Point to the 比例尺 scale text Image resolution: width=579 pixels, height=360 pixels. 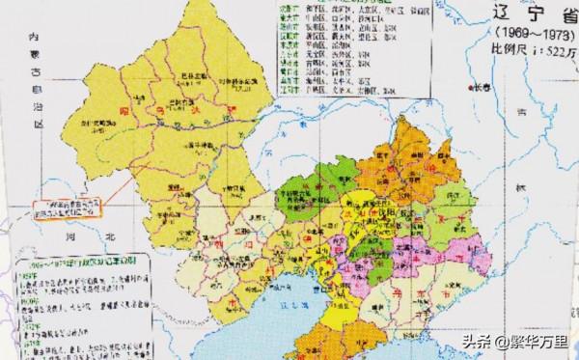(526, 52)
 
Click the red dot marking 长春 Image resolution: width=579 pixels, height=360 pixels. (493, 89)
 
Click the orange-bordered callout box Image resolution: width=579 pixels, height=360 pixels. (67, 207)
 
